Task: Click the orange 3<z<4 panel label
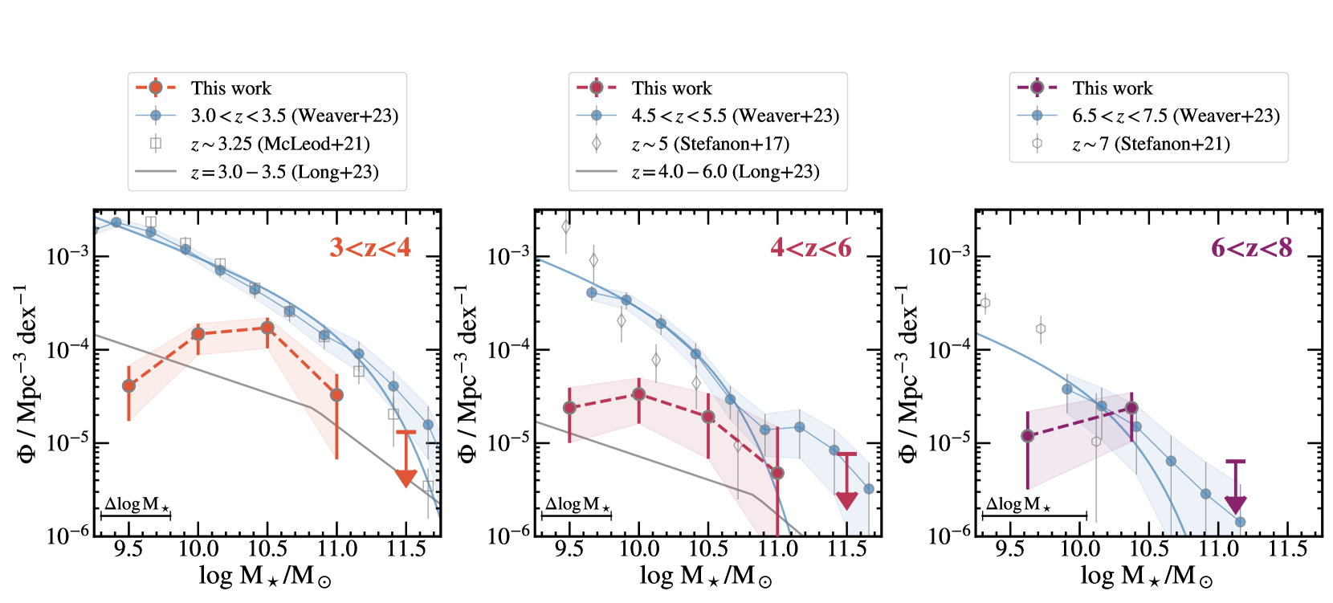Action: (x=370, y=247)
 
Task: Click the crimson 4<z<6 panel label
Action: (x=811, y=247)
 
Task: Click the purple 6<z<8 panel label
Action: (x=1252, y=247)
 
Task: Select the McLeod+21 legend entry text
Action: (x=280, y=144)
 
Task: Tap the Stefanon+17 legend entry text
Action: (x=710, y=144)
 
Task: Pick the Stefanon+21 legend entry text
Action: (x=1151, y=144)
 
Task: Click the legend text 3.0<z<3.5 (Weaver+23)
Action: (x=295, y=116)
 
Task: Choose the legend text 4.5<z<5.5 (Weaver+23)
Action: (x=735, y=116)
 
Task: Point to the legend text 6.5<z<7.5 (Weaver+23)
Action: (x=1176, y=116)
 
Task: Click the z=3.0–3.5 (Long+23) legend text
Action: (x=284, y=172)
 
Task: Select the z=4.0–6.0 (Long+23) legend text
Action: (x=725, y=172)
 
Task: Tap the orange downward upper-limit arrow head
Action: (x=406, y=479)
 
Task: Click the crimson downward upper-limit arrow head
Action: (x=846, y=501)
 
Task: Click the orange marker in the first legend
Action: (x=156, y=88)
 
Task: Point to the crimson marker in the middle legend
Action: (x=596, y=88)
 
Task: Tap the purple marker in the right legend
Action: (x=1037, y=88)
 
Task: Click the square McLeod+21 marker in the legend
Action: (x=156, y=144)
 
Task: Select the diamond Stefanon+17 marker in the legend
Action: (x=596, y=144)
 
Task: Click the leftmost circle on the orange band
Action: (x=128, y=386)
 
